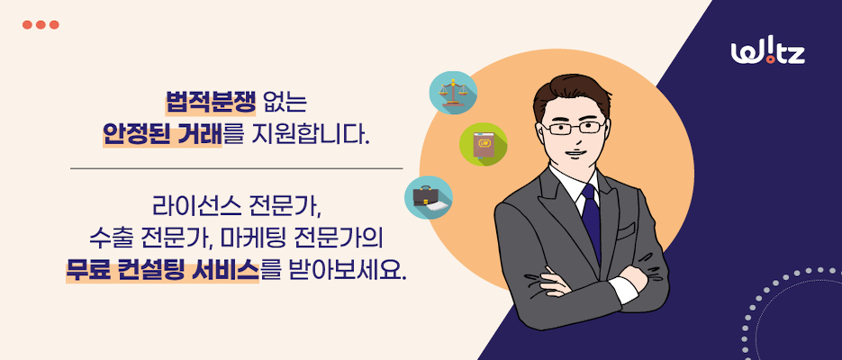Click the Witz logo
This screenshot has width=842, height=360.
tap(767, 53)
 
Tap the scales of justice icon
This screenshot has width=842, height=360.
tap(453, 93)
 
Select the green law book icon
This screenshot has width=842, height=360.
tap(484, 144)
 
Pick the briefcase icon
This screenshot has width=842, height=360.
tap(428, 197)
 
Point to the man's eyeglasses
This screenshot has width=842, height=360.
tap(573, 128)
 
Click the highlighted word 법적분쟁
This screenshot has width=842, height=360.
tap(211, 102)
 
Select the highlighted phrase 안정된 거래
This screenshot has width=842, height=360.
tap(162, 134)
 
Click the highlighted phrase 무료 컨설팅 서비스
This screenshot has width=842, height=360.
tap(162, 270)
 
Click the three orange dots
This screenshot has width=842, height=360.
tap(41, 24)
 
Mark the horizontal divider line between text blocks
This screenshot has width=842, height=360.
tap(236, 168)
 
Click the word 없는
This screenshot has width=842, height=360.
tap(285, 102)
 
